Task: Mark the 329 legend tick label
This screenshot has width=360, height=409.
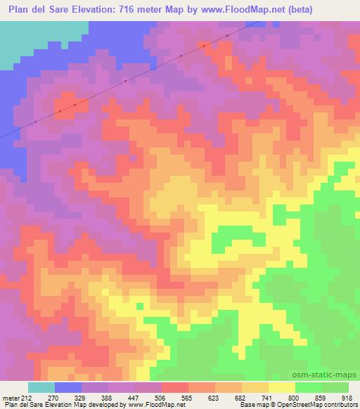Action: (82, 397)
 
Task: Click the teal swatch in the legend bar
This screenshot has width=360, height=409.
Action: (41, 387)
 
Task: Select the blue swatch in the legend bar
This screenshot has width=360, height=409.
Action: (69, 387)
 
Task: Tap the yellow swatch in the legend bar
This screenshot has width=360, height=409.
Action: (281, 387)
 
